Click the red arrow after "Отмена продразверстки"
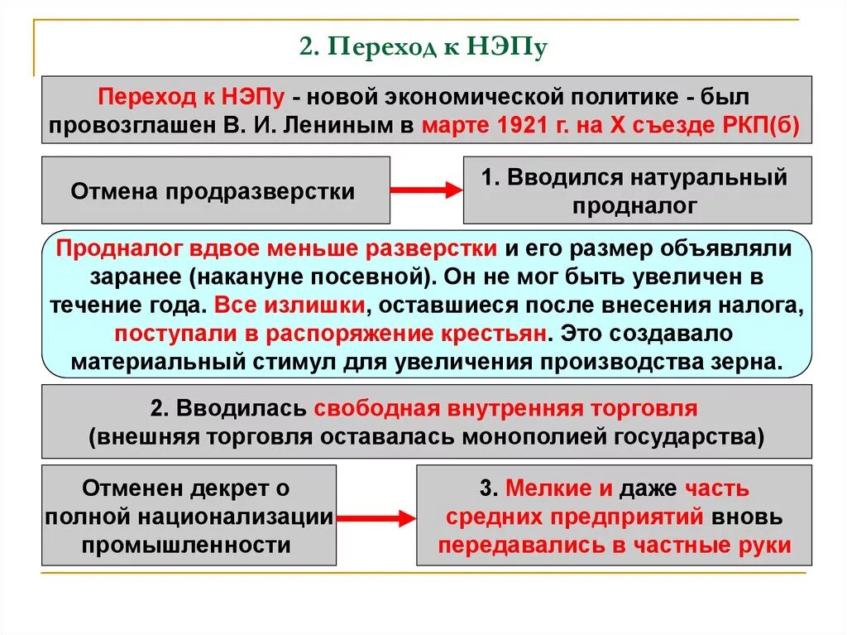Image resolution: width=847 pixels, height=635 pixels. [425, 190]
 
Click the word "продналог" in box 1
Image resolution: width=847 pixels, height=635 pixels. [634, 206]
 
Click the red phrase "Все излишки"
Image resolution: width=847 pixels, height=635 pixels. [290, 305]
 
